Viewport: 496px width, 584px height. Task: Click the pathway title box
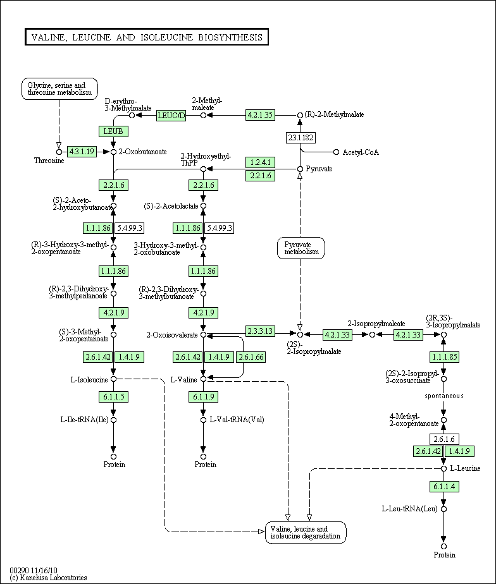(x=147, y=37)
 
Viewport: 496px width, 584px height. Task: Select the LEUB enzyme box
(x=113, y=131)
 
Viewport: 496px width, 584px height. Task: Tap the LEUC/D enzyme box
(x=171, y=115)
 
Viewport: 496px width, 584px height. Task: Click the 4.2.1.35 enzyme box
(x=261, y=115)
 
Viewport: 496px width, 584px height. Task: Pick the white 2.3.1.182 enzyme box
(x=301, y=138)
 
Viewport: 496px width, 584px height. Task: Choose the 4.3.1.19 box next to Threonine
(x=82, y=152)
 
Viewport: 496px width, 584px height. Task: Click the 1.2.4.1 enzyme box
(x=261, y=162)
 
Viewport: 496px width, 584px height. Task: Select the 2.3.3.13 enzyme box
(x=261, y=331)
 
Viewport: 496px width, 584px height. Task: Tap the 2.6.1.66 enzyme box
(x=251, y=357)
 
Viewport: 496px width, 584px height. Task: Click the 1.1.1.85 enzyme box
(x=444, y=357)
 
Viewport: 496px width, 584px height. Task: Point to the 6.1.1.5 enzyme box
(x=113, y=397)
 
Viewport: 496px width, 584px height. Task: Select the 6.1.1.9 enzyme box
(x=203, y=397)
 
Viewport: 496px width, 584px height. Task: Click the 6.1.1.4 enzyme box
(x=444, y=486)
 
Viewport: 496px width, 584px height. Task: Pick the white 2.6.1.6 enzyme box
(x=444, y=439)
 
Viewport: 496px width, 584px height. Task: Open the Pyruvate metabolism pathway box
(x=301, y=248)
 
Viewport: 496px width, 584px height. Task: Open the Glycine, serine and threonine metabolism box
(x=59, y=88)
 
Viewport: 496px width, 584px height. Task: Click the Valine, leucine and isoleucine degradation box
(x=306, y=532)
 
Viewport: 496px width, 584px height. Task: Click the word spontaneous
(x=444, y=396)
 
